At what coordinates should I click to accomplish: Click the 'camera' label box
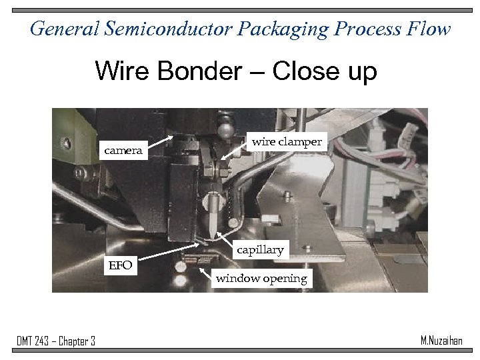pos(123,151)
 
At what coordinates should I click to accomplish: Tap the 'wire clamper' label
pos(286,142)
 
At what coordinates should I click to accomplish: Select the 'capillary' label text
pos(261,250)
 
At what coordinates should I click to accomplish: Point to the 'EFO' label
pos(121,266)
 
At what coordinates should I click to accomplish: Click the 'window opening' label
pos(261,279)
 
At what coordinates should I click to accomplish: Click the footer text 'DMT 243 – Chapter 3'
pos(56,341)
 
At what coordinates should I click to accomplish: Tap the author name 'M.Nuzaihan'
pos(442,340)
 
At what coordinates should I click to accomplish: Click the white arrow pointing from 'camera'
pos(160,141)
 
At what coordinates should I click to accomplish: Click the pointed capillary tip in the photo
pos(213,235)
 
